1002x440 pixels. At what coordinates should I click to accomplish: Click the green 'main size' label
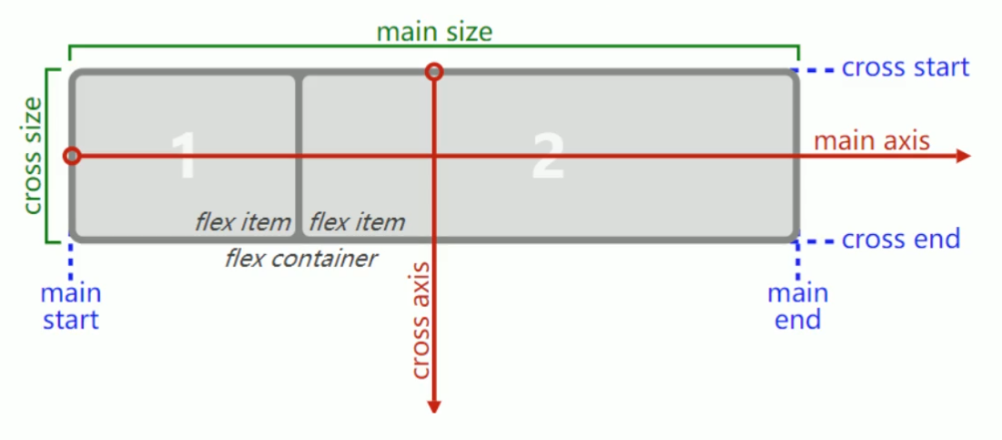pyautogui.click(x=434, y=33)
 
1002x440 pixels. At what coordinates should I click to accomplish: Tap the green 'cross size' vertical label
pyautogui.click(x=32, y=156)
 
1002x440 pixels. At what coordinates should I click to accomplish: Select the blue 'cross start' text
pyautogui.click(x=906, y=67)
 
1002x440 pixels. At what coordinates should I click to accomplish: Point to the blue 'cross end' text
pyautogui.click(x=901, y=240)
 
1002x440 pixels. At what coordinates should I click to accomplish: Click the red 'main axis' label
pyautogui.click(x=872, y=140)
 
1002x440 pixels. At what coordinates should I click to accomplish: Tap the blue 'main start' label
pyautogui.click(x=70, y=307)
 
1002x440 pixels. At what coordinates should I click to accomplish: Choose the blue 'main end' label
pyautogui.click(x=797, y=307)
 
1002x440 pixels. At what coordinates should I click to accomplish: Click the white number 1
pyautogui.click(x=183, y=157)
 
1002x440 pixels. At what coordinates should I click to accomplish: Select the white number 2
pyautogui.click(x=548, y=157)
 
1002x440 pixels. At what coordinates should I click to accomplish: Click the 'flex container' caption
pyautogui.click(x=300, y=259)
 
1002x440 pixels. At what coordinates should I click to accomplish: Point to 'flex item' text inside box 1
pyautogui.click(x=242, y=221)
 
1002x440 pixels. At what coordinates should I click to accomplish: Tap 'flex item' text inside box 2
pyautogui.click(x=357, y=221)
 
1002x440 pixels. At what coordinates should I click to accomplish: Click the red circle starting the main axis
pyautogui.click(x=73, y=157)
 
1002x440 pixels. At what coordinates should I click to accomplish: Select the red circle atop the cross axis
pyautogui.click(x=434, y=72)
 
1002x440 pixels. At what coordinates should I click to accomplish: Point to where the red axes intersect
pyautogui.click(x=434, y=157)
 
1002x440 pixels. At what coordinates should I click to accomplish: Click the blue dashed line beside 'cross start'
pyautogui.click(x=816, y=69)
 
